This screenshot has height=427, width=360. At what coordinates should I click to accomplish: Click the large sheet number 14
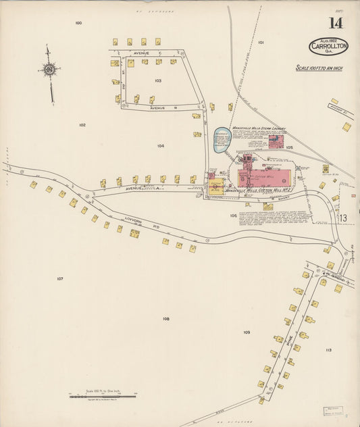336,23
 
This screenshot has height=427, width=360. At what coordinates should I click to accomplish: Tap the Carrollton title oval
328,47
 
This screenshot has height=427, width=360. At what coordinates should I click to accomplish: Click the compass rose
49,68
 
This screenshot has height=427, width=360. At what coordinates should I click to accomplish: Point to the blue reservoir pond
222,141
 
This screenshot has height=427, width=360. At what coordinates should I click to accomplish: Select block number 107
60,278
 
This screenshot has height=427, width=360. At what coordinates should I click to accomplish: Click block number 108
165,318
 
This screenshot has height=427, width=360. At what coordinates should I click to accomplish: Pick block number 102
82,125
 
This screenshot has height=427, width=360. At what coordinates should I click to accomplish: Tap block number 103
157,80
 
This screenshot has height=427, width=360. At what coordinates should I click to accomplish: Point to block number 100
78,23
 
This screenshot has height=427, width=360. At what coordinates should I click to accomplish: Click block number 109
247,332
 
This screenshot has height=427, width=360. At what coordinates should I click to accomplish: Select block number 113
328,350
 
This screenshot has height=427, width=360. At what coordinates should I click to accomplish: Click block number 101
261,42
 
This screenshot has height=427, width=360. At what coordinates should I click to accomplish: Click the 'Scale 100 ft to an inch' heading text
319,68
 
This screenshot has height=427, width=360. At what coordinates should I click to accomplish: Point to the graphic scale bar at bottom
101,397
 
